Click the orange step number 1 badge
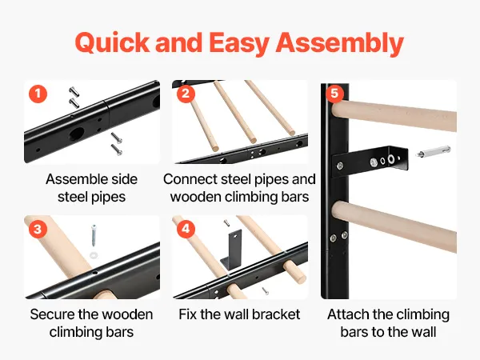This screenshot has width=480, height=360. [38, 94]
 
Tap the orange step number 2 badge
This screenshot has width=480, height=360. [186, 94]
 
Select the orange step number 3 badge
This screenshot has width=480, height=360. [38, 229]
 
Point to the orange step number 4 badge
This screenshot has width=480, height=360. [186, 229]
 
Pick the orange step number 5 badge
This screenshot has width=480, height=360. [334, 93]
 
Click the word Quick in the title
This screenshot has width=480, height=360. [112, 42]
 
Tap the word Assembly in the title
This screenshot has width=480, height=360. [339, 43]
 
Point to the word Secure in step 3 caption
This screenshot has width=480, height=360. [52, 314]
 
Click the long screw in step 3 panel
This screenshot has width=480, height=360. [94, 236]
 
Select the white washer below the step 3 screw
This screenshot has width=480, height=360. [94, 254]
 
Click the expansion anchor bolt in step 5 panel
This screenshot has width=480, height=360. [433, 152]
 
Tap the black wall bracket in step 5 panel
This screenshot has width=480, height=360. [370, 162]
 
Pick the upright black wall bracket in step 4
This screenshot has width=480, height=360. [231, 250]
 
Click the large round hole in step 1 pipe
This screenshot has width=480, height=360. [77, 134]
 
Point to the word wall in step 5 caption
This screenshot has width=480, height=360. [424, 332]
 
